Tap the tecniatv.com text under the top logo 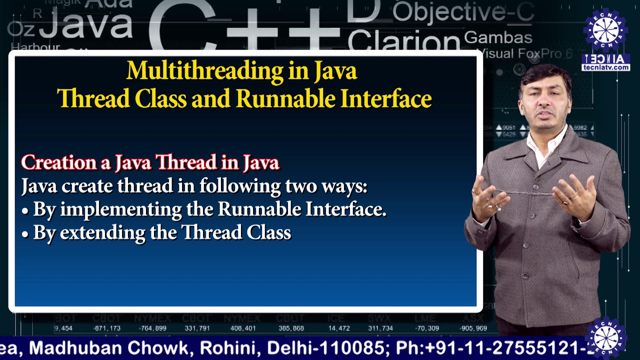pyautogui.click(x=605, y=67)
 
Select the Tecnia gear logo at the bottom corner pyautogui.click(x=606, y=337)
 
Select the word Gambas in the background pyautogui.click(x=497, y=37)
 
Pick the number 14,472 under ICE pyautogui.click(x=338, y=328)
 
